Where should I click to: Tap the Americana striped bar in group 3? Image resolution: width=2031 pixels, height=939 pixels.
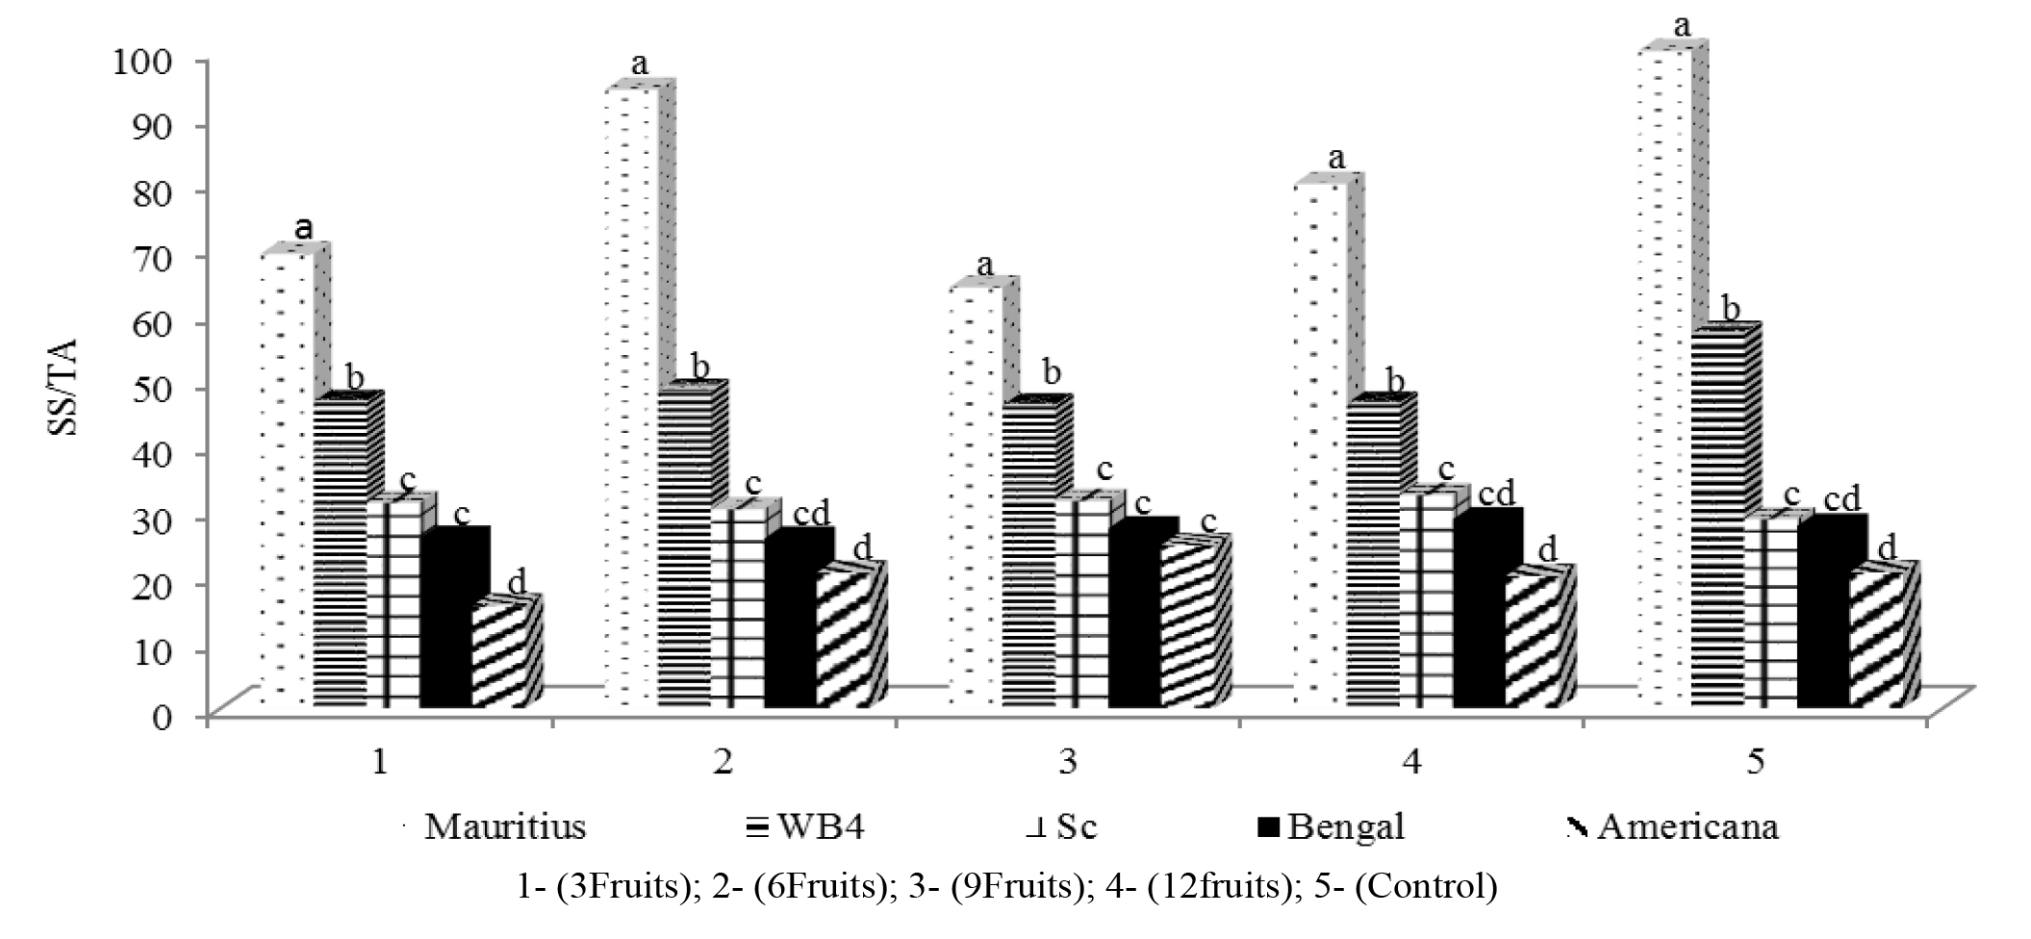pos(1188,625)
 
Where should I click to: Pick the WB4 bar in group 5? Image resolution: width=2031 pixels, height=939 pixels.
pos(1717,520)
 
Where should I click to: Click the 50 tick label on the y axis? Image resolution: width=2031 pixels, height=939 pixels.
pos(169,389)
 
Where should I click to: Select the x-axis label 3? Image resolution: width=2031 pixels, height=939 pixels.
pos(1067,762)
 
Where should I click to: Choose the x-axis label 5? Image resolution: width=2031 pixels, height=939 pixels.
pos(1756,762)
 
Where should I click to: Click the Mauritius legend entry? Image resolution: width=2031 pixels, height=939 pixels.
pos(505,827)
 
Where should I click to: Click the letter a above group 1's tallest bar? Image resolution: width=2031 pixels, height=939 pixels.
pos(304,229)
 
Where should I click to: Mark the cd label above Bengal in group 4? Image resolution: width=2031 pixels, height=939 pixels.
pos(1496,494)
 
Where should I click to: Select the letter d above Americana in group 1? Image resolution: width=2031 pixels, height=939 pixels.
pos(516,580)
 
